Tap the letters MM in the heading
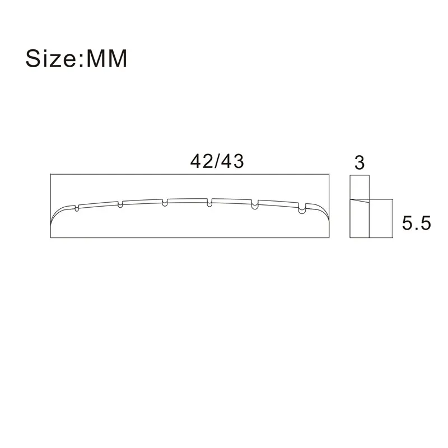[x=106, y=58]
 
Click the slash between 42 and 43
[x=217, y=161]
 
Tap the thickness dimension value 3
[x=360, y=162]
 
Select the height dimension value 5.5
[x=415, y=224]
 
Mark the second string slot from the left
[x=120, y=204]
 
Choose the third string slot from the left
[x=165, y=202]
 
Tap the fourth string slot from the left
[x=209, y=202]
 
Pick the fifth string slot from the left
[x=255, y=204]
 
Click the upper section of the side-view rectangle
[x=360, y=188]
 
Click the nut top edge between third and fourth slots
[x=187, y=198]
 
